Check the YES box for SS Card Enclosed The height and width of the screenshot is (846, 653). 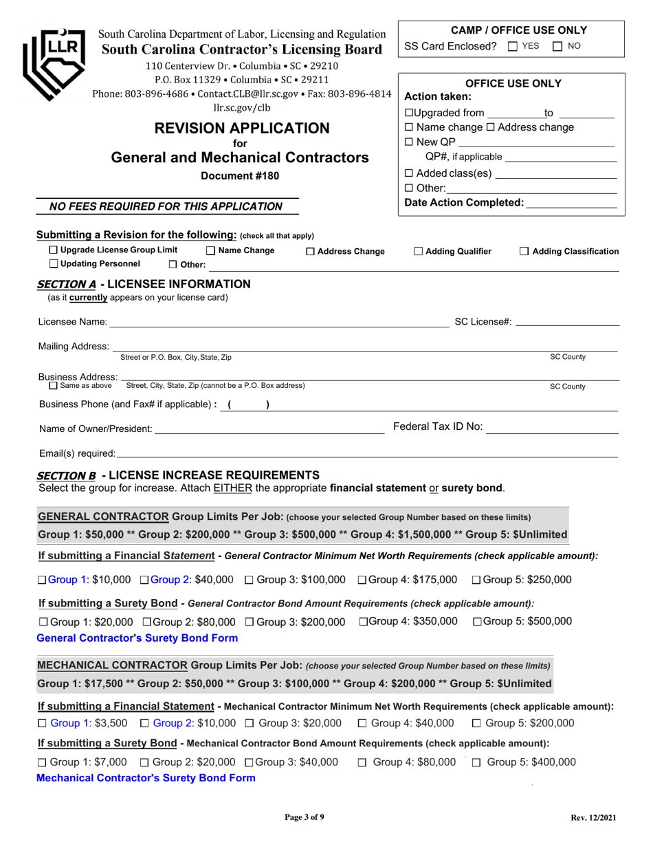[x=512, y=46]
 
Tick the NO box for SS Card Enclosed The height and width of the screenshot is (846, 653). [x=557, y=46]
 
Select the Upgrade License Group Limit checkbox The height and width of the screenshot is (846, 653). [x=54, y=250]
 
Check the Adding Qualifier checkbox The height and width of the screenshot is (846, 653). [x=419, y=252]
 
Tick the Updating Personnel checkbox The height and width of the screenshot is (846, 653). [x=54, y=264]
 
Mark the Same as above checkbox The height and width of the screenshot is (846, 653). [x=54, y=386]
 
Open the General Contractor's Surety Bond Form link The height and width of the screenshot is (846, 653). [x=137, y=638]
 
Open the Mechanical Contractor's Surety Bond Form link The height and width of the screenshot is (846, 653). [x=145, y=778]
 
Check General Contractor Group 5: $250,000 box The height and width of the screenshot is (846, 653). [x=476, y=581]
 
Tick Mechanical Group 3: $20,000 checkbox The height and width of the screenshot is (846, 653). [x=250, y=723]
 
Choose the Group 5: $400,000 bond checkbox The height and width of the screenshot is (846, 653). [x=476, y=762]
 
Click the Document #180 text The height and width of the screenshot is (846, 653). [x=240, y=175]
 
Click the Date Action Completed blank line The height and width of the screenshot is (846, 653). [x=570, y=203]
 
